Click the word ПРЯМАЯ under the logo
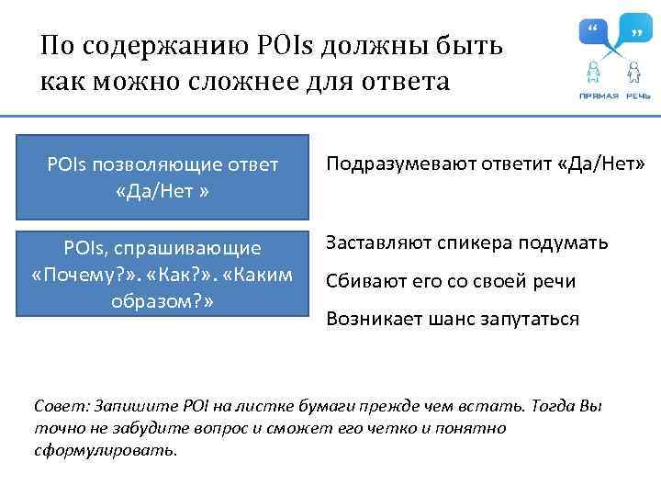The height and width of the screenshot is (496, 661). tap(598, 96)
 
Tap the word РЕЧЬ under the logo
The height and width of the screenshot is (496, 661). tap(640, 96)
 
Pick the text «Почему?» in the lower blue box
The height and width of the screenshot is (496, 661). tap(75, 276)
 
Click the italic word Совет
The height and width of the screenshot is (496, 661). tap(56, 407)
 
